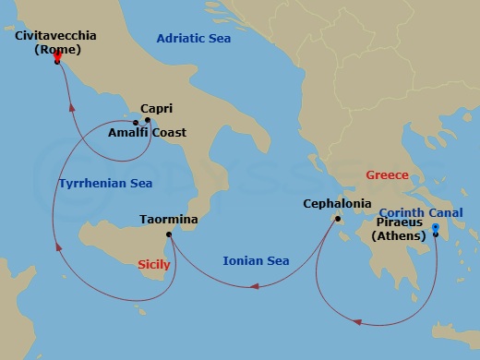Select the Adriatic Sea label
[194, 39]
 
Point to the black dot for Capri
[148, 121]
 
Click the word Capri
[158, 108]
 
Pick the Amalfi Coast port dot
[136, 123]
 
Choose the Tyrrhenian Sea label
[105, 184]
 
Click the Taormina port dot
[169, 236]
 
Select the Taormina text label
[166, 221]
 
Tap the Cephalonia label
[337, 204]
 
